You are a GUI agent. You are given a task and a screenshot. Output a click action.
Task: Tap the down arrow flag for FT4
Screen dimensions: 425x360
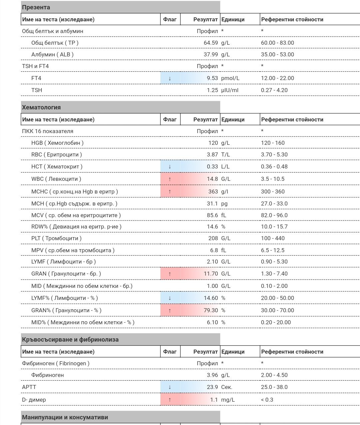click(x=170, y=78)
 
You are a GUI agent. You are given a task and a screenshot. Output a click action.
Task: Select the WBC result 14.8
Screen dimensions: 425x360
click(x=212, y=179)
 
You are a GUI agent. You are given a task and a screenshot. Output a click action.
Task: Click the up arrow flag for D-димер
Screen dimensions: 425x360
click(x=170, y=400)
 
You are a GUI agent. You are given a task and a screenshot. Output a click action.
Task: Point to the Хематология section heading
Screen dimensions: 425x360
click(x=41, y=107)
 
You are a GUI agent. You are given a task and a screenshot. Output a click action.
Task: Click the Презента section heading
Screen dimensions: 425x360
click(x=36, y=7)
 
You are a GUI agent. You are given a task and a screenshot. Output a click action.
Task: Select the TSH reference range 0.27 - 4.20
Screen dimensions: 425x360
click(x=274, y=90)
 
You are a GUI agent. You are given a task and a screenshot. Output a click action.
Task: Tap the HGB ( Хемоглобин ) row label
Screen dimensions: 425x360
click(x=57, y=143)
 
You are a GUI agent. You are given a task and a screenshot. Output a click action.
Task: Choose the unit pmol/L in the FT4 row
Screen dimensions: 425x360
click(x=230, y=78)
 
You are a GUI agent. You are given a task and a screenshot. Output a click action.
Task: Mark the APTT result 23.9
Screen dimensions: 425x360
click(x=212, y=387)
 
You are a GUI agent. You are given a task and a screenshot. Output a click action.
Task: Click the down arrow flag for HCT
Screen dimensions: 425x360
click(x=170, y=166)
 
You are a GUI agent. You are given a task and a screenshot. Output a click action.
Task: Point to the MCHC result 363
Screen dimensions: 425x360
click(x=213, y=191)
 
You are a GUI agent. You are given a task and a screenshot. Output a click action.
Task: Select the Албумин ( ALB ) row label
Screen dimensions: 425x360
click(x=52, y=54)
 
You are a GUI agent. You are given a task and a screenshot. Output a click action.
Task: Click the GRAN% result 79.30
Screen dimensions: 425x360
click(x=211, y=310)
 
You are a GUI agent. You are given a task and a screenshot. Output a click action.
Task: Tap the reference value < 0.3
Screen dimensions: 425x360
click(x=267, y=400)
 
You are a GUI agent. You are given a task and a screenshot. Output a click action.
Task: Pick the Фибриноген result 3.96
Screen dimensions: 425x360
click(x=212, y=375)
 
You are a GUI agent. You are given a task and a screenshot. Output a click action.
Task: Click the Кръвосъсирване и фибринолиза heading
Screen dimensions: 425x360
click(x=70, y=340)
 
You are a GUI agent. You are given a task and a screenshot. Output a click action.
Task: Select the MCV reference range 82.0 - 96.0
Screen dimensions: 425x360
click(x=274, y=215)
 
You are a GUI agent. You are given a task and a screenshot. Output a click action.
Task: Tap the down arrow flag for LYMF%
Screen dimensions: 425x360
click(x=170, y=298)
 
